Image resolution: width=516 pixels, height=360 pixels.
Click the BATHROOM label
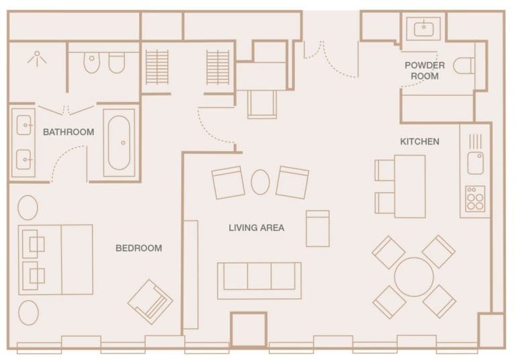[x=68, y=132]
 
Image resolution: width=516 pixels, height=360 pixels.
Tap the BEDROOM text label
[x=138, y=248]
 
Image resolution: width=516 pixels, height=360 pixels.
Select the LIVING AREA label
[x=256, y=228]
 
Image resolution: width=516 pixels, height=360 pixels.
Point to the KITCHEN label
[x=419, y=142]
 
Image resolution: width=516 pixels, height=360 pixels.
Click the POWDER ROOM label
[x=424, y=71]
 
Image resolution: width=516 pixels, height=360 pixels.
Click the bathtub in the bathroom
[x=120, y=143]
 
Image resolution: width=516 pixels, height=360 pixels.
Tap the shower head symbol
[x=36, y=58]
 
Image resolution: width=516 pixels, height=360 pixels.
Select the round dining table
[x=413, y=277]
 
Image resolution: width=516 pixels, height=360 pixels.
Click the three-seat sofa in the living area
[x=259, y=279]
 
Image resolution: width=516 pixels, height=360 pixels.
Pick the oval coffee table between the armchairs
[x=260, y=182]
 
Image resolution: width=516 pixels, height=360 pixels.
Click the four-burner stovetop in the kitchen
[x=475, y=199]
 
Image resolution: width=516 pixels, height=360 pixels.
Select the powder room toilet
[x=464, y=66]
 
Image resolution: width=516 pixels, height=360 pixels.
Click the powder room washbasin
[x=423, y=28]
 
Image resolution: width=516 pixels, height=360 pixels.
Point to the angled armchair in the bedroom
[x=150, y=301]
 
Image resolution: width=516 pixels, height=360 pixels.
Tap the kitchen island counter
[x=409, y=186]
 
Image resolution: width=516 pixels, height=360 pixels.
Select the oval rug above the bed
[x=28, y=208]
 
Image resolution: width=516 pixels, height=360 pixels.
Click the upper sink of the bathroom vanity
[x=24, y=126]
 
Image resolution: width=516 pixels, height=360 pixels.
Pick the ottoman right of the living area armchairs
[x=317, y=228]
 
